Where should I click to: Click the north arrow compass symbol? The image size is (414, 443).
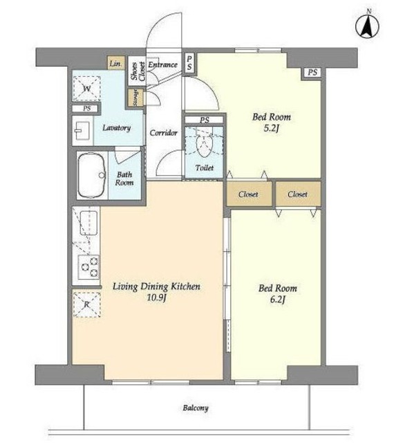pyautogui.click(x=367, y=26)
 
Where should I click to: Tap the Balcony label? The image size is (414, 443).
pyautogui.click(x=196, y=408)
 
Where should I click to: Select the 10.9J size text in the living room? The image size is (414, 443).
pyautogui.click(x=156, y=298)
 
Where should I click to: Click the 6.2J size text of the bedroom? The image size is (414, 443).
pyautogui.click(x=278, y=300)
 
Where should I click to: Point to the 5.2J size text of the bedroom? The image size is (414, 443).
pyautogui.click(x=272, y=128)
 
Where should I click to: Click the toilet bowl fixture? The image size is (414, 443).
pyautogui.click(x=204, y=145)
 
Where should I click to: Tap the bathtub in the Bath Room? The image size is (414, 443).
pyautogui.click(x=92, y=175)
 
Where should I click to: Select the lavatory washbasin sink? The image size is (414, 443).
pyautogui.click(x=82, y=131)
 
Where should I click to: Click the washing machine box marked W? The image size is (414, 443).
pyautogui.click(x=87, y=89)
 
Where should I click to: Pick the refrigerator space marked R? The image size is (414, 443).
pyautogui.click(x=87, y=305)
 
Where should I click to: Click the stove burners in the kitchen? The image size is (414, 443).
pyautogui.click(x=89, y=266)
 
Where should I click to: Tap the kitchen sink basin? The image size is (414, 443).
pyautogui.click(x=89, y=223)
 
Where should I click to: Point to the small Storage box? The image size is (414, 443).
pyautogui.click(x=136, y=98)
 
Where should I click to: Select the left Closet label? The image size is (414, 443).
pyautogui.click(x=248, y=195)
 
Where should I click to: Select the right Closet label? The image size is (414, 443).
pyautogui.click(x=297, y=195)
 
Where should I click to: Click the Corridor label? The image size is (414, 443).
pyautogui.click(x=164, y=133)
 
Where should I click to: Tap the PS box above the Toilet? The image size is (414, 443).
pyautogui.click(x=204, y=120)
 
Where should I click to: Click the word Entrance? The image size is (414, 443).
pyautogui.click(x=163, y=64)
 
